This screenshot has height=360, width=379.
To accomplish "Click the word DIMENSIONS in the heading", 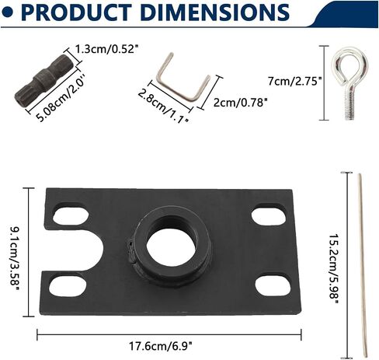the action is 215,12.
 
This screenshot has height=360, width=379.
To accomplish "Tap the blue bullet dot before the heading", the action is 7,12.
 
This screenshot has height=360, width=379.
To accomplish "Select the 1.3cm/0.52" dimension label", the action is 106,49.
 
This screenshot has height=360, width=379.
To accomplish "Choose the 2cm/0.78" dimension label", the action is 240,103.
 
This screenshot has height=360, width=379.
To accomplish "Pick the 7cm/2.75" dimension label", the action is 294,81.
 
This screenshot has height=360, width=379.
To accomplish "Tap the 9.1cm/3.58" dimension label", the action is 16,256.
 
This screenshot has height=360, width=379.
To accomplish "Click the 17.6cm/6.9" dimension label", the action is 161,347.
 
